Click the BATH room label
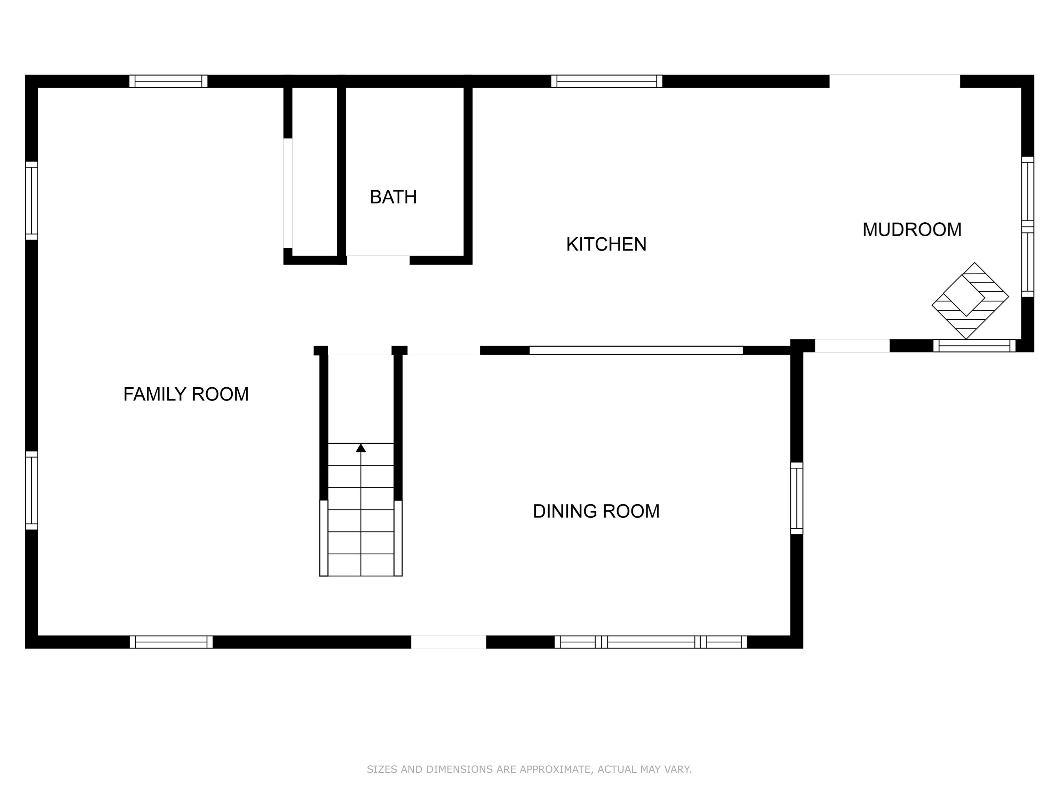(393, 197)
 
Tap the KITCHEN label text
(606, 245)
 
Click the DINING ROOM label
(596, 512)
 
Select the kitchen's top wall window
(607, 81)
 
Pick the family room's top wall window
(168, 81)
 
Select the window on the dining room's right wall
(796, 498)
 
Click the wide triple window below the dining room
(651, 642)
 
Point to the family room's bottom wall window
(171, 642)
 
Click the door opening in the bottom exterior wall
(448, 642)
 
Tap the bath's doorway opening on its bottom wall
(378, 260)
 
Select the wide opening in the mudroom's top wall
(894, 81)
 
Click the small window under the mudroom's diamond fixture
(974, 346)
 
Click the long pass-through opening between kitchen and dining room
(636, 350)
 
